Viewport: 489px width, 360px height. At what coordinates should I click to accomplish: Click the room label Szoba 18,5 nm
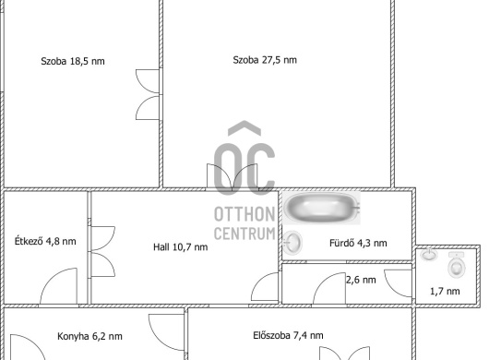tap(73, 61)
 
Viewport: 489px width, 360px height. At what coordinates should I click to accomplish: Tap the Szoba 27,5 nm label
tap(265, 60)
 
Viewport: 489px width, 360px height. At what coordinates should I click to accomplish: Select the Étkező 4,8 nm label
tap(45, 241)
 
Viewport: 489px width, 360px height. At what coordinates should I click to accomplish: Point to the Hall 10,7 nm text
tap(180, 247)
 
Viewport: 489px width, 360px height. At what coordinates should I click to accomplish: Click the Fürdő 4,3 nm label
tap(358, 243)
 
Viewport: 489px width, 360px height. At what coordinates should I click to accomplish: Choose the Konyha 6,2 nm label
tap(89, 336)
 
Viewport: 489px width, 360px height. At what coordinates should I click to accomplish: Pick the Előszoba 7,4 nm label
tap(288, 335)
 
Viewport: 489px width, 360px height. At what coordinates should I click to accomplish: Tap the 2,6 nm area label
tap(361, 280)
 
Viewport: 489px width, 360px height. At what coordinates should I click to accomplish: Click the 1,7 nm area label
tap(445, 291)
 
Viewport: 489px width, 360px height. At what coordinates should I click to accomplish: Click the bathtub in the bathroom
tap(321, 207)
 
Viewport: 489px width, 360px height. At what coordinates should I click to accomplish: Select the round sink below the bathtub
tap(292, 242)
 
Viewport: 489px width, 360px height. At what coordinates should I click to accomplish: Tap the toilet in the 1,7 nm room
tap(457, 265)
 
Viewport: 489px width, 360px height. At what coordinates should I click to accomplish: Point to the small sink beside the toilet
tap(429, 255)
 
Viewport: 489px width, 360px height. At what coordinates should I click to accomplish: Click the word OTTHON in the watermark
tap(244, 214)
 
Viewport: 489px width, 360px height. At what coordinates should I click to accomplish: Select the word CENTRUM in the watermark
tap(244, 234)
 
